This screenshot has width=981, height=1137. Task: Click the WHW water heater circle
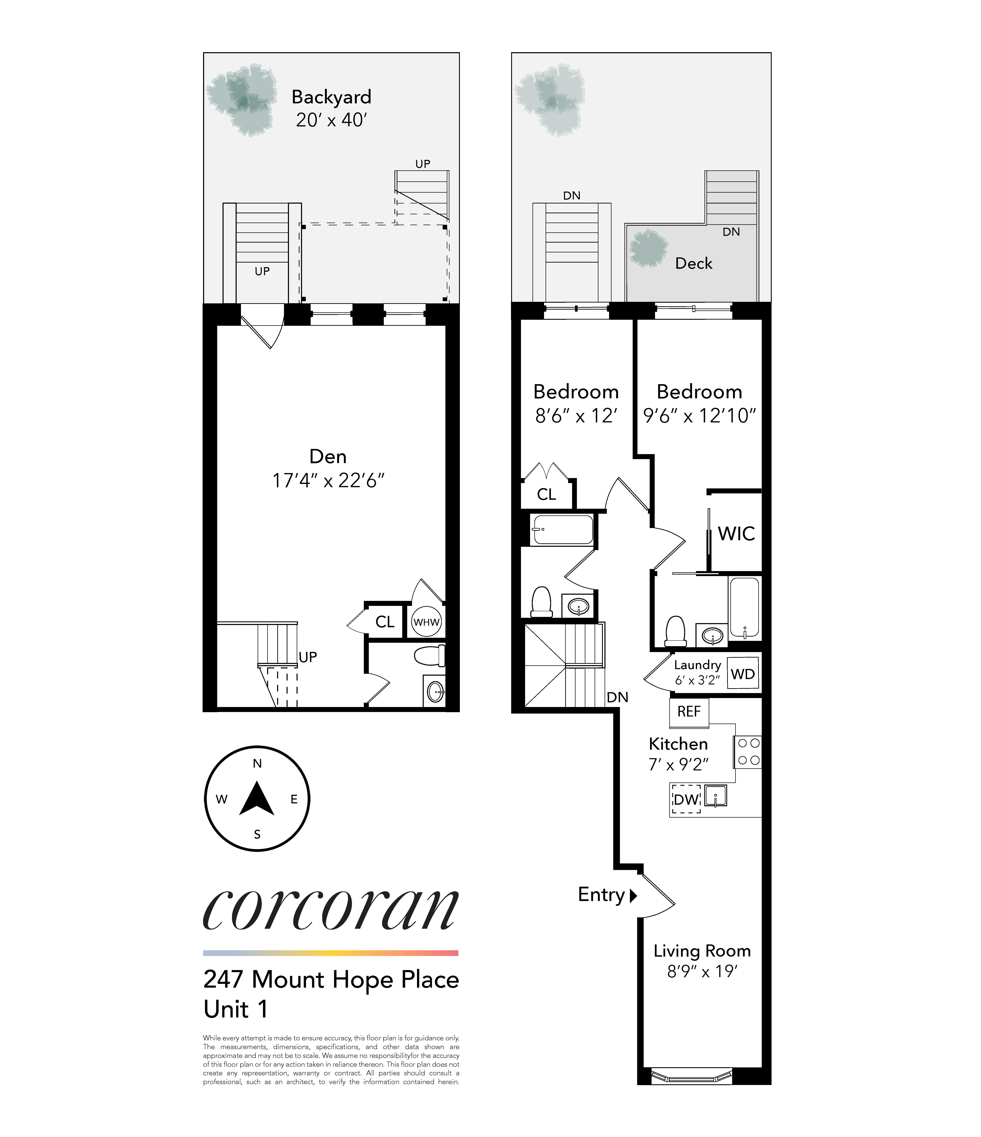[426, 622]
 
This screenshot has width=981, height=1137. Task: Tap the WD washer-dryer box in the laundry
[742, 674]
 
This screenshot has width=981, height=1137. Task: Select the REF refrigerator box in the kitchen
[689, 712]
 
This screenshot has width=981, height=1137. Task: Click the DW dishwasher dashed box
[686, 800]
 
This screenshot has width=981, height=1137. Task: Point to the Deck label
[694, 263]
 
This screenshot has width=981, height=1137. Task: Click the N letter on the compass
[257, 763]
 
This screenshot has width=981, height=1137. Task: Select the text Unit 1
[236, 1009]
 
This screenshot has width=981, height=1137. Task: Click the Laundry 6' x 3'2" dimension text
[697, 680]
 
